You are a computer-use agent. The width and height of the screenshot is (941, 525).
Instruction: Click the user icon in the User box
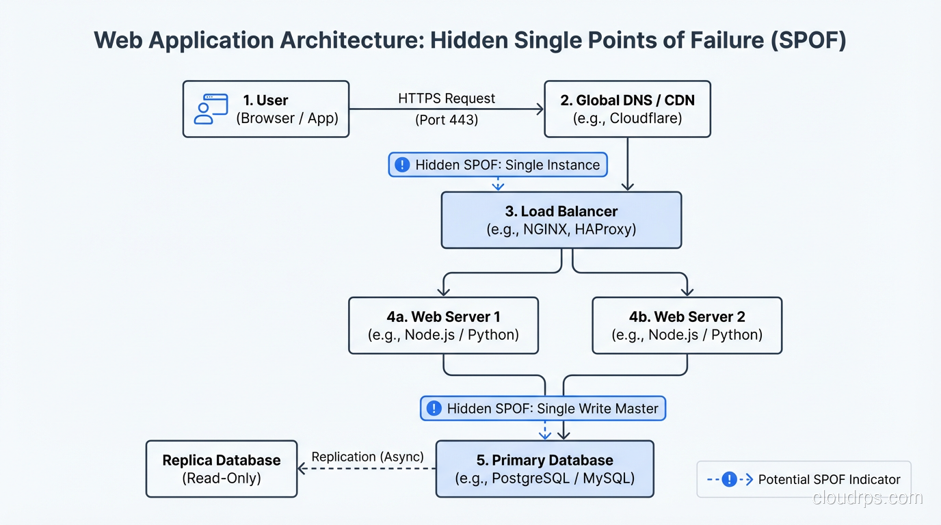tap(211, 109)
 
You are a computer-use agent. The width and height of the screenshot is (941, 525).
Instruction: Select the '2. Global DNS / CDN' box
tap(627, 109)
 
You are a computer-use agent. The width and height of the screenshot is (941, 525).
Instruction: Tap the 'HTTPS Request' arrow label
tap(447, 98)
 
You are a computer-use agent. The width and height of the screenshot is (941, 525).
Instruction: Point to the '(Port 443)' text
tap(447, 120)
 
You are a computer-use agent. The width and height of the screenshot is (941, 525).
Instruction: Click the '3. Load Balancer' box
tap(561, 220)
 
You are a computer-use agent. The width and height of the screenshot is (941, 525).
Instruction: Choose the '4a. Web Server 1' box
tap(443, 325)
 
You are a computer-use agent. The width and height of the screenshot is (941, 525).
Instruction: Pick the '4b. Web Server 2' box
tap(687, 325)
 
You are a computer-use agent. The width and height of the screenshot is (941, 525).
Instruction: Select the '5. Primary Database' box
tap(544, 469)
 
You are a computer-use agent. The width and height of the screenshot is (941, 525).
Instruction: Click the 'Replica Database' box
tap(222, 469)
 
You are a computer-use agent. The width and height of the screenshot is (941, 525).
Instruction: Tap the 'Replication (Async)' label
tap(368, 457)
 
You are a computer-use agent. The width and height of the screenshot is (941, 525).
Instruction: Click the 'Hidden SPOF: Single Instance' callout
tap(498, 165)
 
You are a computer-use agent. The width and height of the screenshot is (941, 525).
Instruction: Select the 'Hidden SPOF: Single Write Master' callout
tap(542, 409)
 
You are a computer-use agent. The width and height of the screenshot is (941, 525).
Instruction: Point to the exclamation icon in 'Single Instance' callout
tap(403, 165)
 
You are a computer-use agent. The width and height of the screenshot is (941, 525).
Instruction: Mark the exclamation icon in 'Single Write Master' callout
tap(434, 409)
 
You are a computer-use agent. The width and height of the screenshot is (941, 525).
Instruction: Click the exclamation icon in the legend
tap(729, 479)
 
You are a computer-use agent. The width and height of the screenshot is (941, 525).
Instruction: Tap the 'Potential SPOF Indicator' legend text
tap(829, 480)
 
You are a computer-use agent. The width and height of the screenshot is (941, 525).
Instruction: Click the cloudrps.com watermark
tap(867, 498)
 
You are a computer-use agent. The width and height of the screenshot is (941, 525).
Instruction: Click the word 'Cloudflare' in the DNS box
tap(645, 118)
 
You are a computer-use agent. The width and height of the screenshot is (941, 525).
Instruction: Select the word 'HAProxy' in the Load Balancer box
tap(605, 230)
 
